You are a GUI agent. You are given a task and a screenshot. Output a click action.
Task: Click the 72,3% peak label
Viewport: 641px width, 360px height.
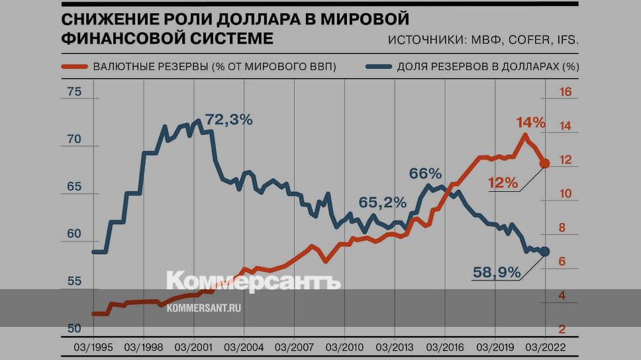229,120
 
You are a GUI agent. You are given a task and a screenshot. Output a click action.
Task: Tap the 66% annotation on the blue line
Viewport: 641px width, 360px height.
424,174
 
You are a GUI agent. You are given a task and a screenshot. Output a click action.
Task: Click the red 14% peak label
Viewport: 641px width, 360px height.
530,122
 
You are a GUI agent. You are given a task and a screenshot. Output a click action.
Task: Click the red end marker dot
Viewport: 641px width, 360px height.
544,163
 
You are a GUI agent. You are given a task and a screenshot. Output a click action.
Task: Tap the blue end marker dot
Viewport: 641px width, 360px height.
544,251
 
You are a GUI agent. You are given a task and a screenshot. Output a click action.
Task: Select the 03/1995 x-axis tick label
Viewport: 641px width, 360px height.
93,346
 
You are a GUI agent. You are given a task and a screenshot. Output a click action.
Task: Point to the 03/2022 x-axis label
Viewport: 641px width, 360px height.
544,346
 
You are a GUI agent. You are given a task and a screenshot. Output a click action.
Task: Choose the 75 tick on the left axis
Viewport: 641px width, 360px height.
74,92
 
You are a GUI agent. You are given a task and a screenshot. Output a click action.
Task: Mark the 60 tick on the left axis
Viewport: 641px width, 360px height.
74,234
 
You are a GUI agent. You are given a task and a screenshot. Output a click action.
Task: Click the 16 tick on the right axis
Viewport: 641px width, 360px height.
566,92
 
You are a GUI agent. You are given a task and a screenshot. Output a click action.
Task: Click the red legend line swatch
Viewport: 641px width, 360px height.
74,67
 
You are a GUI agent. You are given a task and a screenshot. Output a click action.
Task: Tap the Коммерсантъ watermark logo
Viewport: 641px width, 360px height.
253,281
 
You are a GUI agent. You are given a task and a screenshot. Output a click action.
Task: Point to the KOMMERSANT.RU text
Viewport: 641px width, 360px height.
204,308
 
